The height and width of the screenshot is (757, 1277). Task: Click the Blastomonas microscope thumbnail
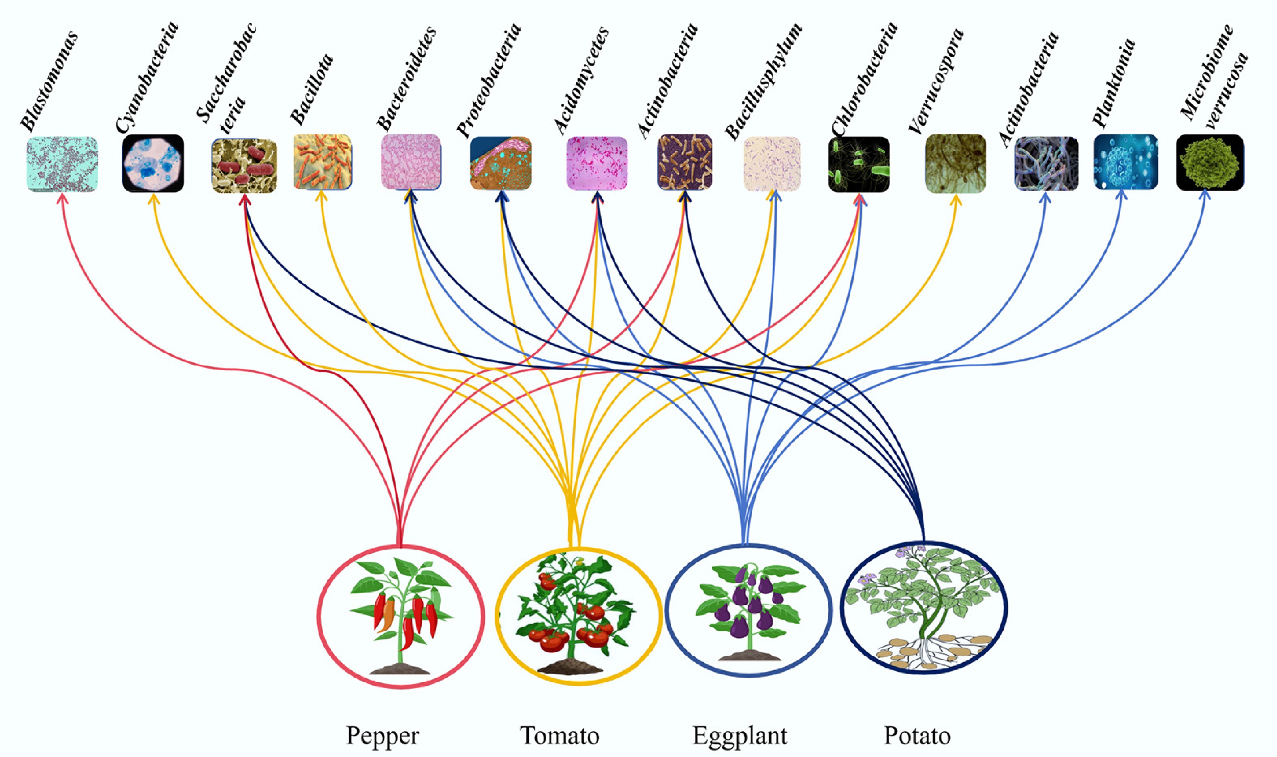(62, 164)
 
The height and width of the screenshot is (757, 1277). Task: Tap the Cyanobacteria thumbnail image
(153, 163)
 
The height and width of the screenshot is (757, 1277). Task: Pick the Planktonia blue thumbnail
(1125, 162)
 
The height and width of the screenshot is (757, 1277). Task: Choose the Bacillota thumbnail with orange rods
(322, 162)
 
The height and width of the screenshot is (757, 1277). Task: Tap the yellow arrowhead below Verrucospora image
(955, 200)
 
